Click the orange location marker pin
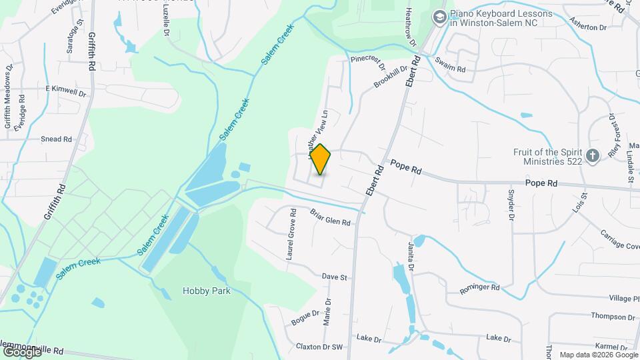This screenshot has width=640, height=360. [320, 159]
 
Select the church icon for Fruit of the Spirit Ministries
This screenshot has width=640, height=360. [593, 157]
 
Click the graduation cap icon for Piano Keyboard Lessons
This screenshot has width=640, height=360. [439, 17]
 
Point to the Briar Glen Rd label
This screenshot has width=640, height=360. [330, 217]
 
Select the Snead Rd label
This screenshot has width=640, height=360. [56, 139]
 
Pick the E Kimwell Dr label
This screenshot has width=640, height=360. [66, 88]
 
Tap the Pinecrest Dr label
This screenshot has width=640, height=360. [368, 63]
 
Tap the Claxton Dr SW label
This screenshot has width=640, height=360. [319, 347]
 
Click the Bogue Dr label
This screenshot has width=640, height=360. [307, 318]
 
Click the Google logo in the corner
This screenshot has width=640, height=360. [22, 351]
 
